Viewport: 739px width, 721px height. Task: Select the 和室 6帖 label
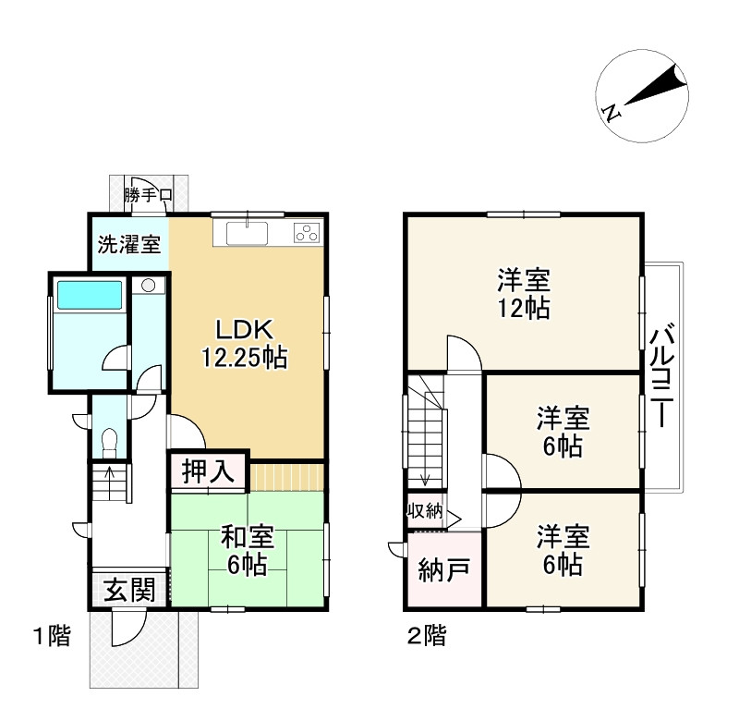click(247, 549)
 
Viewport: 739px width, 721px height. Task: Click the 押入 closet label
click(208, 470)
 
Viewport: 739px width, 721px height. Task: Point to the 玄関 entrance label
click(127, 589)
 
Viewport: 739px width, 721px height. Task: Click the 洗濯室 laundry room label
click(130, 247)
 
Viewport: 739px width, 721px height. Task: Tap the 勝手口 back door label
click(150, 195)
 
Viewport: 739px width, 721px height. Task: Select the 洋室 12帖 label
click(525, 293)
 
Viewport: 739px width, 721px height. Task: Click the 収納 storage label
click(424, 510)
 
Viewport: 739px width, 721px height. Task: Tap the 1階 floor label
click(52, 636)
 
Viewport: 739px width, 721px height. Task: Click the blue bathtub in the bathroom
click(90, 295)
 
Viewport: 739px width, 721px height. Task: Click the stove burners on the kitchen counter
click(306, 232)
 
